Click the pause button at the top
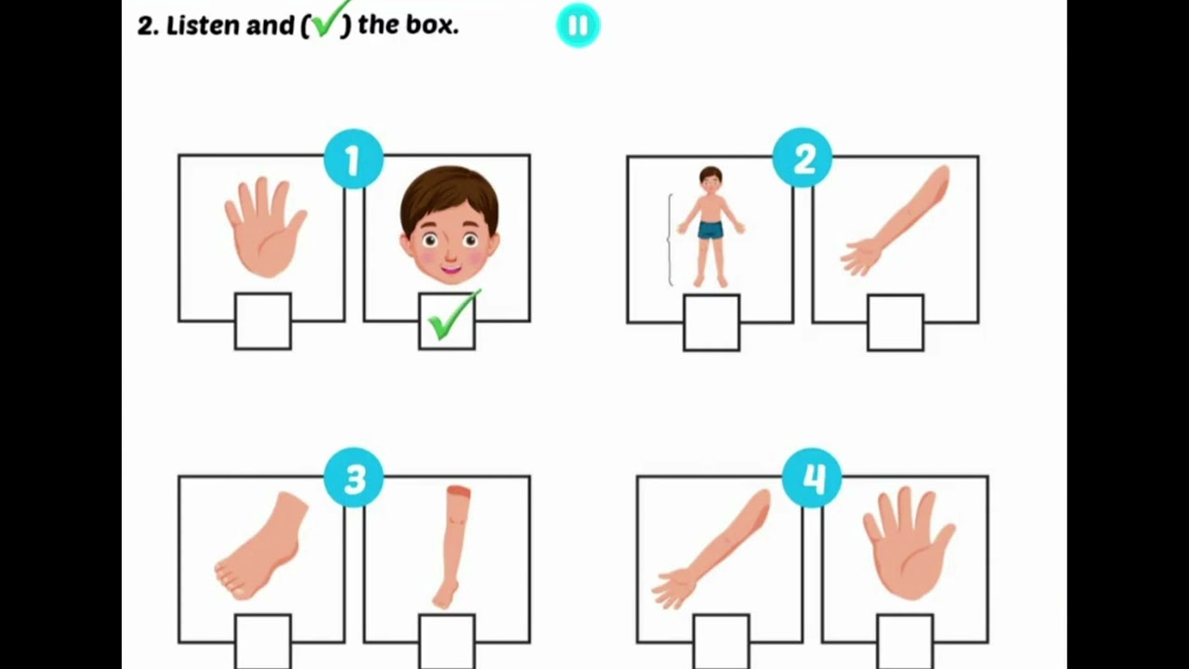point(578,25)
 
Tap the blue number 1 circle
point(353,161)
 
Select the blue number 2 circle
point(803,161)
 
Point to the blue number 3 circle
point(354,479)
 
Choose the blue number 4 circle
point(812,479)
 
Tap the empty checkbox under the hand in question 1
point(263,321)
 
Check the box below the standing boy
point(712,322)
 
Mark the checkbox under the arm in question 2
point(895,322)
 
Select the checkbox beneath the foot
point(263,641)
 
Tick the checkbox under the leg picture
point(447,641)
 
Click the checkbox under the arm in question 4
point(721,641)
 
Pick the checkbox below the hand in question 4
point(905,641)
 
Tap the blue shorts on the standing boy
point(711,230)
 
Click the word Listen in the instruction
point(203,26)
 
